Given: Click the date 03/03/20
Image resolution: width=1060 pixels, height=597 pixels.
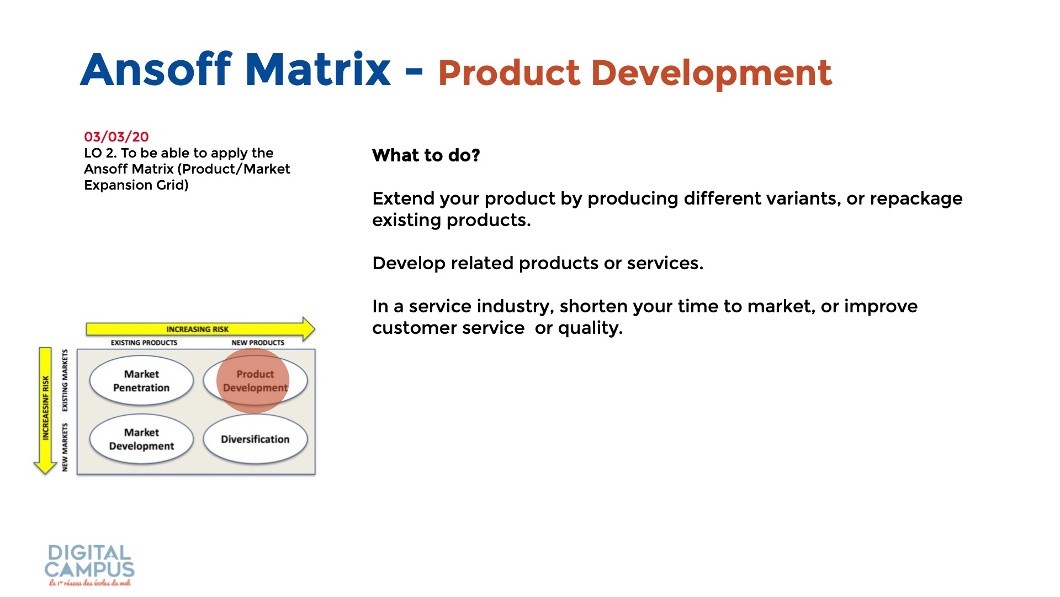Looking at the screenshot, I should point(116,137).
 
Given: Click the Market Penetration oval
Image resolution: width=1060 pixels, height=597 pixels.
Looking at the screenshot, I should point(141,381).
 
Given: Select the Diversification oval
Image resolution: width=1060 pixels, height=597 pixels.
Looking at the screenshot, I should point(255,439).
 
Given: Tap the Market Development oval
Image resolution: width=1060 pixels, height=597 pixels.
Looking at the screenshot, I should point(141,439).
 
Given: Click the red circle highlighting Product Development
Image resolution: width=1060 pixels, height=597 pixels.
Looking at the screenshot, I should point(253,380).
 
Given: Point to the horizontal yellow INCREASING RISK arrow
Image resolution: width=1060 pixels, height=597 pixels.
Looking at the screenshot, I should point(199,329).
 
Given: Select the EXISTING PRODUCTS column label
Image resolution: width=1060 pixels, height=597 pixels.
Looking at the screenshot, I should point(144,343).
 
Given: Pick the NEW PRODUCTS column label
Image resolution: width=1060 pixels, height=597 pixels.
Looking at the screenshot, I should point(258,343).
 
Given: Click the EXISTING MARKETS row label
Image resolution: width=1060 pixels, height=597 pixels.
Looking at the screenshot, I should point(65,380).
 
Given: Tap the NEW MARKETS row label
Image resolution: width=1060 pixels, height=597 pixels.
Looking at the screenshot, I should point(65,447).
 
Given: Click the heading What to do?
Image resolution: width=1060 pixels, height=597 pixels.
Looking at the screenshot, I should point(426,155).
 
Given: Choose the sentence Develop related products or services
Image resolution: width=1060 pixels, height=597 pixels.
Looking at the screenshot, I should point(538,263).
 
